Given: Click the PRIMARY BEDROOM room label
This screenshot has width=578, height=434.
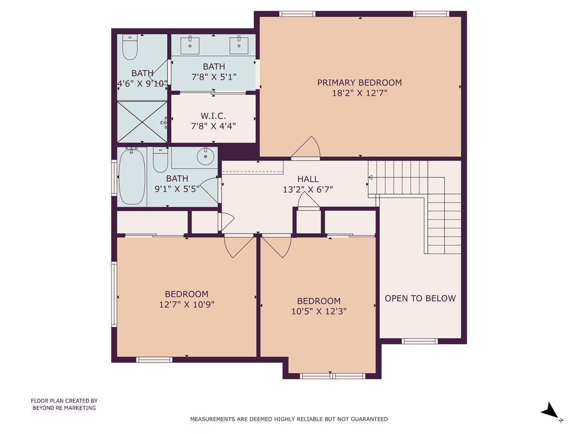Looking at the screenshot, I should (359, 82).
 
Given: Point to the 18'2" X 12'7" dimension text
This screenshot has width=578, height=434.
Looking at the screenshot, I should (359, 93).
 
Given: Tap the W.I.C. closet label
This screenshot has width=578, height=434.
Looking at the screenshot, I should (213, 116).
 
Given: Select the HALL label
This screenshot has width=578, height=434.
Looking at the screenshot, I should (308, 179).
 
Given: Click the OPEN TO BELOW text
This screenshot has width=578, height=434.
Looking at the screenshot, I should (420, 298).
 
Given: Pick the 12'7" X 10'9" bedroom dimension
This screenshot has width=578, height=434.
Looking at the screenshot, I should (186, 304).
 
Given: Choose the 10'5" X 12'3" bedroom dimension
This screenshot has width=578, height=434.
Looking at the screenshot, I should (318, 311).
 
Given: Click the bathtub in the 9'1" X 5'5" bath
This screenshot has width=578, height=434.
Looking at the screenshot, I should (131, 177).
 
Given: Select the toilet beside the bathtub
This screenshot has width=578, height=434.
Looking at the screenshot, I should (160, 160).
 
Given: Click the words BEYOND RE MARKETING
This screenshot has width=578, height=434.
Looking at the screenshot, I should (64, 408).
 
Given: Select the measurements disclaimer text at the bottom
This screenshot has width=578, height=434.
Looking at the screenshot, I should (289, 419).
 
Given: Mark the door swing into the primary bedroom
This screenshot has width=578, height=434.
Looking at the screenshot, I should (307, 148).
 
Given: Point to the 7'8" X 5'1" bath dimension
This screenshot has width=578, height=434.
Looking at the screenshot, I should (213, 77).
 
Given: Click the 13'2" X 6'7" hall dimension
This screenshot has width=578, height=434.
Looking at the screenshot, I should (308, 190).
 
